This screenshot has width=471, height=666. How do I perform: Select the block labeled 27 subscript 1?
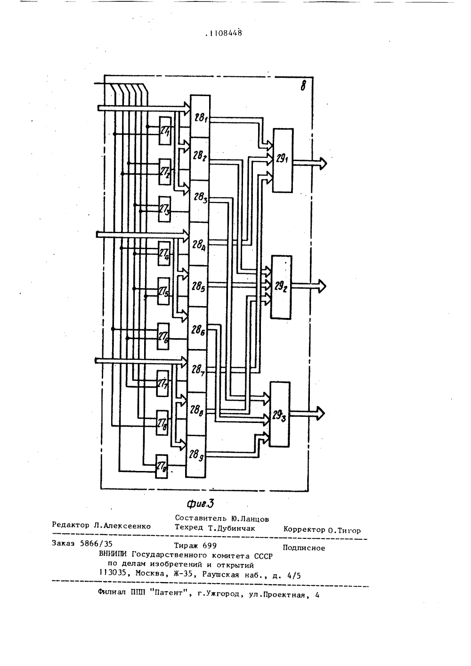pyautogui.click(x=165, y=131)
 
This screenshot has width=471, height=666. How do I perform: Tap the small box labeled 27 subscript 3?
pyautogui.click(x=164, y=209)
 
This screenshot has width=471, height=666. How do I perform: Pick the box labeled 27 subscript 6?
pyautogui.click(x=163, y=337)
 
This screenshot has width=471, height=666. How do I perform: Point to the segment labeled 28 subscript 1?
pyautogui.click(x=200, y=116)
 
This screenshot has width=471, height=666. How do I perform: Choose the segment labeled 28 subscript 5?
pyautogui.click(x=198, y=286)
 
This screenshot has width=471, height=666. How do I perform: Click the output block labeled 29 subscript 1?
pyautogui.click(x=283, y=161)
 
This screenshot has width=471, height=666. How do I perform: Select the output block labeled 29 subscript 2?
pyautogui.click(x=281, y=287)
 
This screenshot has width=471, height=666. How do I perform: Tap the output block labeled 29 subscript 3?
pyautogui.click(x=279, y=414)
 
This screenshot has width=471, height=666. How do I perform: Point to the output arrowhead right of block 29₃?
pyautogui.click(x=321, y=414)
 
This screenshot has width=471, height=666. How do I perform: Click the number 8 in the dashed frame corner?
pyautogui.click(x=303, y=86)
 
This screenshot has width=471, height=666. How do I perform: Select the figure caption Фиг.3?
pyautogui.click(x=201, y=504)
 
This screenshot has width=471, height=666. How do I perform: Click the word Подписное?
pyautogui.click(x=304, y=548)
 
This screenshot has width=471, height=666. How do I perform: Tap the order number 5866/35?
pyautogui.click(x=96, y=544)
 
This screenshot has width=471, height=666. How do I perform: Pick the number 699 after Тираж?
pyautogui.click(x=209, y=545)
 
